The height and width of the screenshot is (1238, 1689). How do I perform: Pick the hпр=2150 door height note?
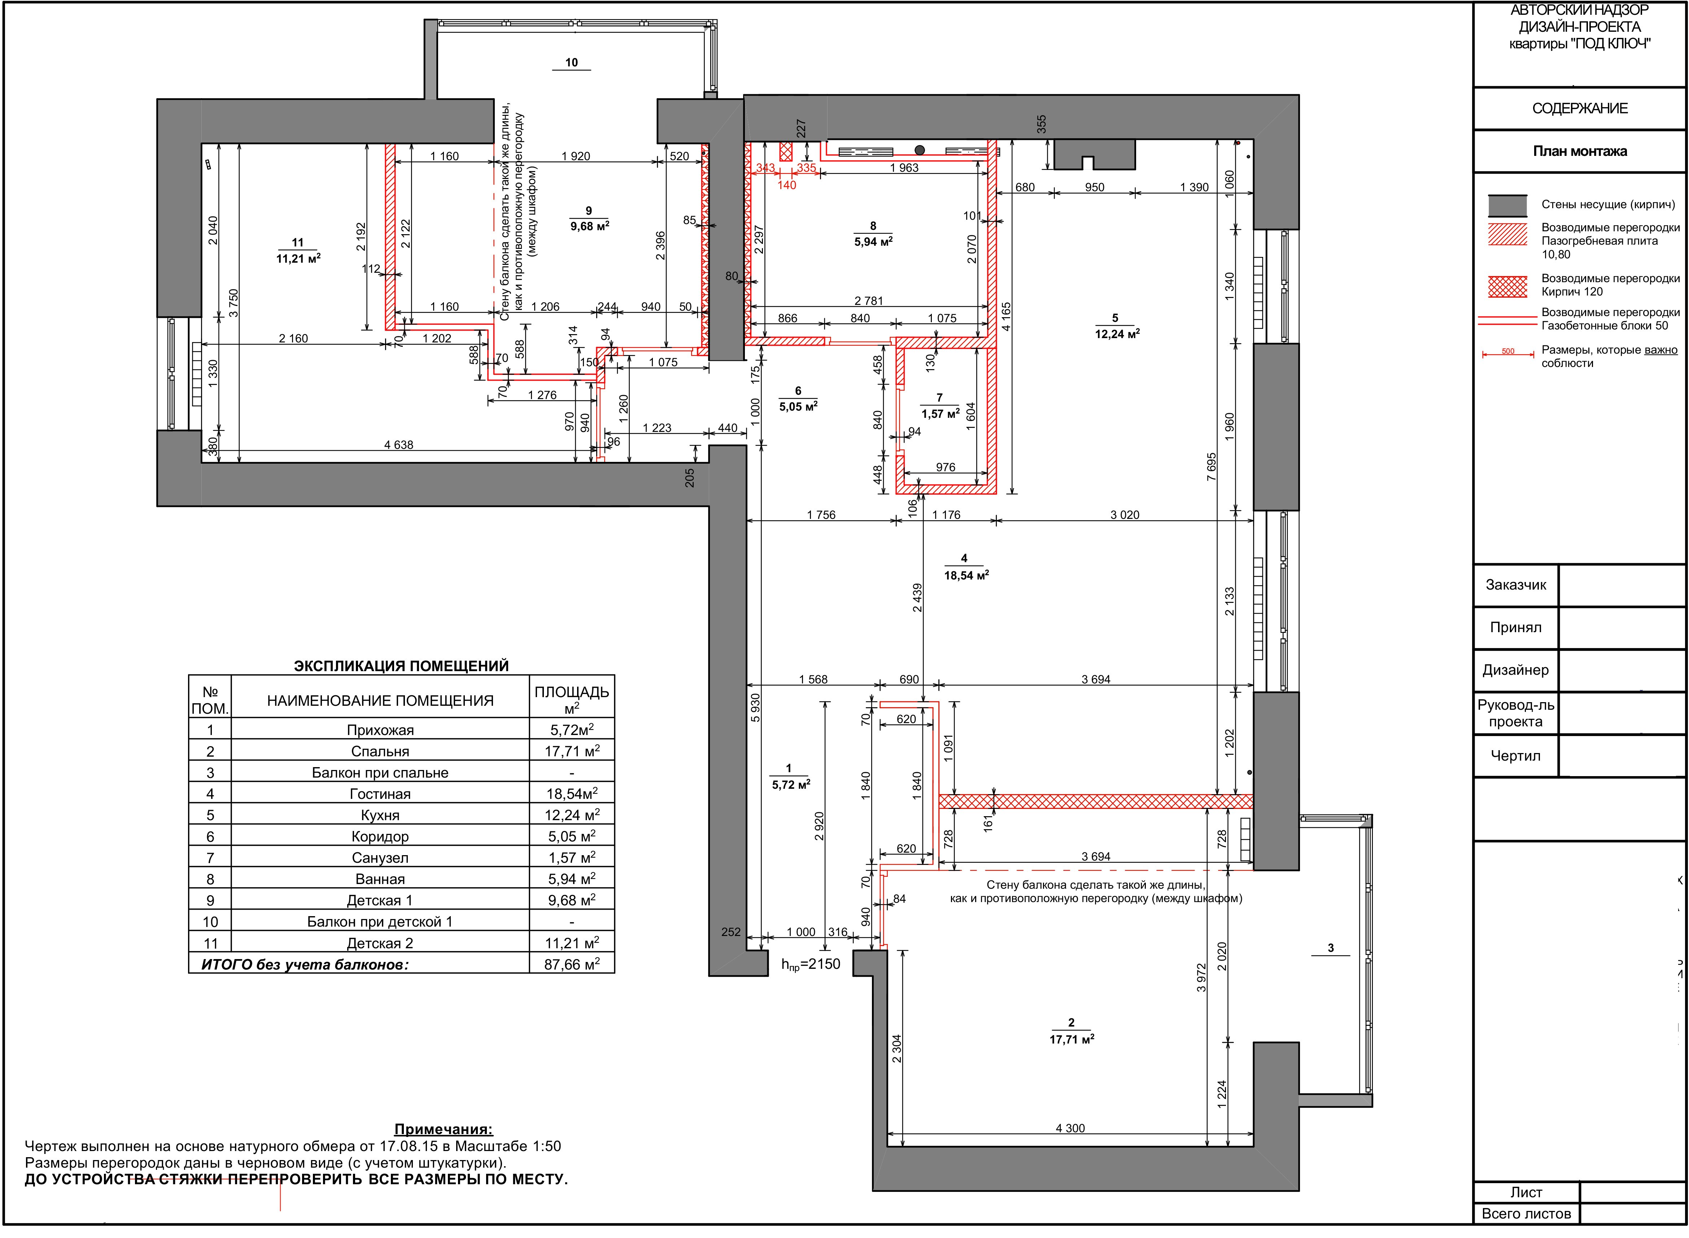[x=811, y=964]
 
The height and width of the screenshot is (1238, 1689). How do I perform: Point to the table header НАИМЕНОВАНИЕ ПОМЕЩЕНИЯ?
[x=380, y=701]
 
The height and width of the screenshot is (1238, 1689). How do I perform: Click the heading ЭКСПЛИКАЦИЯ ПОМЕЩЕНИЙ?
[x=401, y=665]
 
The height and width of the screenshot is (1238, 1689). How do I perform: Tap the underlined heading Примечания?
[x=444, y=1129]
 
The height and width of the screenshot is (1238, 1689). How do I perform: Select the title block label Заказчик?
[x=1515, y=585]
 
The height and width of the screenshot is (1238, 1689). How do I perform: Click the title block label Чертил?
[x=1515, y=755]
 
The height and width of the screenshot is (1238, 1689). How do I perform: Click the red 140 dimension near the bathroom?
[x=787, y=185]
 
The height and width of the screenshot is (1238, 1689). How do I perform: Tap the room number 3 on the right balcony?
[x=1331, y=948]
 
